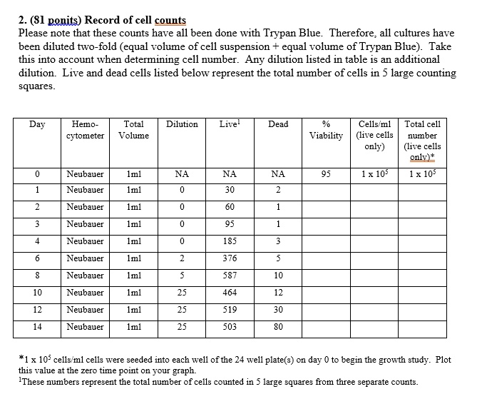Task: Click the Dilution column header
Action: point(182,124)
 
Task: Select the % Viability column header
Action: point(326,130)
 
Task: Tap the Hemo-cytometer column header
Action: point(85,129)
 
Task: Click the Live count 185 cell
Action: point(229,241)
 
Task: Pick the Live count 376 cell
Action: point(229,258)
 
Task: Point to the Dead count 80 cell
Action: point(278,327)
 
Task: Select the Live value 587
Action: point(229,276)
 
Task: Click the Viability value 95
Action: point(326,173)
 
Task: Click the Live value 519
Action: point(229,310)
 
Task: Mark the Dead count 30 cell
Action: point(278,310)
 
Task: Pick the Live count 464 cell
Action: point(229,293)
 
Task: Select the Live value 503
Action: point(229,327)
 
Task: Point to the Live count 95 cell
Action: point(229,224)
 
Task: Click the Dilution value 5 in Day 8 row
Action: point(182,276)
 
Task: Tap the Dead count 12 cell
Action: point(278,293)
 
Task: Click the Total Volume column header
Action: point(133,129)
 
